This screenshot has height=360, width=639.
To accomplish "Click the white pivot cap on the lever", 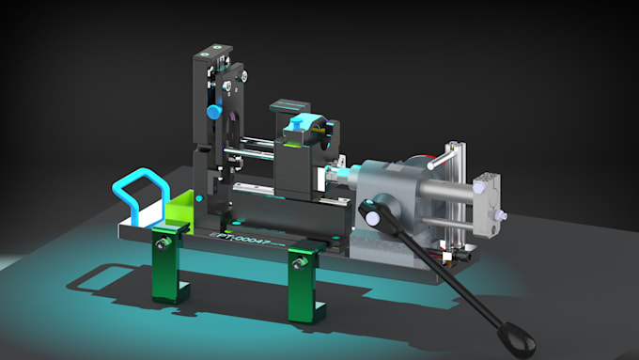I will click(x=375, y=218).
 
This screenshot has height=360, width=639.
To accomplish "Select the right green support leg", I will click(x=304, y=282).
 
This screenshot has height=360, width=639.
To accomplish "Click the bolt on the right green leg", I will click(x=300, y=263).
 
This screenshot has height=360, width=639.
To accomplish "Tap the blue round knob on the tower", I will click(x=213, y=112).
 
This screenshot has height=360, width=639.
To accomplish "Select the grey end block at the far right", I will click(x=490, y=201).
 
